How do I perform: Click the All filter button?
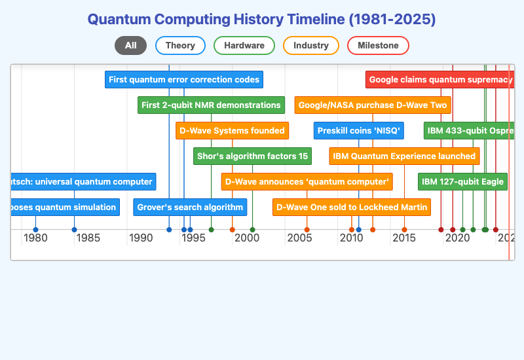coord(130,45)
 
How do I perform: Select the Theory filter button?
coord(180,45)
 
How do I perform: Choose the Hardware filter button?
coord(244,45)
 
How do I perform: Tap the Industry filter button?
coord(311,45)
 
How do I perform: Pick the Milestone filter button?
coord(378,45)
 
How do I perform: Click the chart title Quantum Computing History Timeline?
coord(261,19)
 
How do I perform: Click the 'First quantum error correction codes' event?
coord(184,80)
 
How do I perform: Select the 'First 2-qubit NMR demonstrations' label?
coord(211,105)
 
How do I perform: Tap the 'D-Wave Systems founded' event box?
coord(233,130)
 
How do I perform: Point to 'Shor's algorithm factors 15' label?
coord(252,156)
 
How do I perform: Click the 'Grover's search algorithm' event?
coord(190,207)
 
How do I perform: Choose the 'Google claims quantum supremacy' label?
coord(440,80)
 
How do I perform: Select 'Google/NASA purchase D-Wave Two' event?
coord(373,105)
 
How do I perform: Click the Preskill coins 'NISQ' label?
coord(359,130)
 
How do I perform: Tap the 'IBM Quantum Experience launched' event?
coord(404,156)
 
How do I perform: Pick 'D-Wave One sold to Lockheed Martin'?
coord(352,207)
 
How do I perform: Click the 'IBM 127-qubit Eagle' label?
coord(462,181)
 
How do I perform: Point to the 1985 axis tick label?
coord(88,238)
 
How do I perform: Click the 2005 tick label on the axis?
coord(299,238)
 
